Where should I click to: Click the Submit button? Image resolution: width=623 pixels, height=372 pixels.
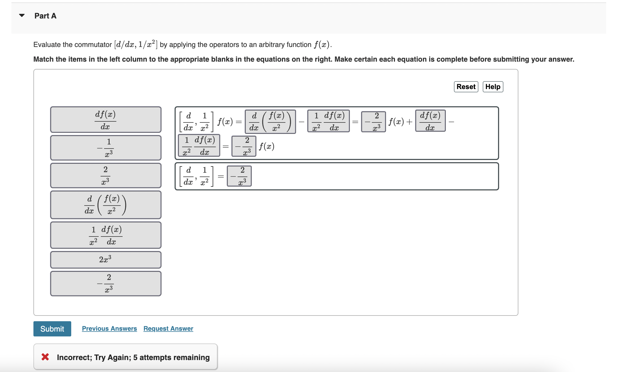pos(52,329)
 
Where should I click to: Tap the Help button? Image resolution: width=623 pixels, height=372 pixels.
pos(493,87)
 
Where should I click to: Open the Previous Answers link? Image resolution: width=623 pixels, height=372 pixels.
pos(109,329)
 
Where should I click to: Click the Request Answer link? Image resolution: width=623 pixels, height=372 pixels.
pos(168,329)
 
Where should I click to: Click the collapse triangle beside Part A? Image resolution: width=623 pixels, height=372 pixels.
pos(22,15)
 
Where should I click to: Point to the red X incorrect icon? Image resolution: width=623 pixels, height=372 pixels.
pos(45,357)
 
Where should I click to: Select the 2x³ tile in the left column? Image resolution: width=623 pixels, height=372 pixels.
pos(105,260)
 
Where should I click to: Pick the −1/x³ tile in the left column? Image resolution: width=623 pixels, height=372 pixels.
pos(105,148)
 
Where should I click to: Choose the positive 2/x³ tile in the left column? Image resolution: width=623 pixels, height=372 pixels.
pos(105,175)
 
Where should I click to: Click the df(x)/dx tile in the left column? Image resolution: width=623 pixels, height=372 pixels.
pos(105,119)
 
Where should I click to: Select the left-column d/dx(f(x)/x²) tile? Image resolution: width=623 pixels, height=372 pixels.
pos(105,205)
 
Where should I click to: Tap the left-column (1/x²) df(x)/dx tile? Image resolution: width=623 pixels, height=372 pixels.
pos(105,235)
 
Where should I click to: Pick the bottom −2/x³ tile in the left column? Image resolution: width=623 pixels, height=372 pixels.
pos(105,283)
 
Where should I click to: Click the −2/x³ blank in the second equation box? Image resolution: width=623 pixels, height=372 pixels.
pos(239,176)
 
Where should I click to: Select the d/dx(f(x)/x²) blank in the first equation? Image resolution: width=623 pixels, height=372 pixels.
pos(270,121)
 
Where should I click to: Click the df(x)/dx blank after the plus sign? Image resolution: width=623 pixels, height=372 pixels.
pos(430,121)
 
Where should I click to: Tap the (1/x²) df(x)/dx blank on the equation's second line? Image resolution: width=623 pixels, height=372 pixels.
pos(199,146)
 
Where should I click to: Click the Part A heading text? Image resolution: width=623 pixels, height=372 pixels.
pos(45,16)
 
